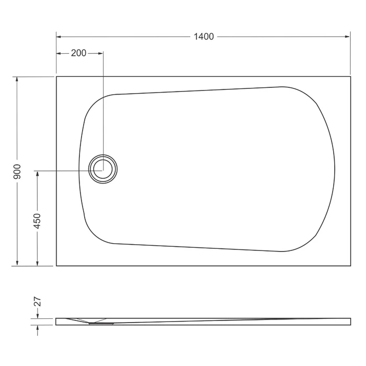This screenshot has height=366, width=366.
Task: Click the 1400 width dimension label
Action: point(204,37)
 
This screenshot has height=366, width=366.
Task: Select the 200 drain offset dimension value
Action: point(78,53)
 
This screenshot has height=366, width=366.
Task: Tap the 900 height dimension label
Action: point(17,171)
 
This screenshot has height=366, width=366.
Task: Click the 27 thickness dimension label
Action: point(37,302)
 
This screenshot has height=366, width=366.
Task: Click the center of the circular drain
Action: point(103,169)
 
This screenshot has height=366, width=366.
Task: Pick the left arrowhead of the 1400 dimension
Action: point(59,37)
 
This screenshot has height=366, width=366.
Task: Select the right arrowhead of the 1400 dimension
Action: point(347,37)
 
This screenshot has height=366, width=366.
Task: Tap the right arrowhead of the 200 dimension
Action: point(100,53)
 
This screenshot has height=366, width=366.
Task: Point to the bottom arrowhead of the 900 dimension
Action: point(17,263)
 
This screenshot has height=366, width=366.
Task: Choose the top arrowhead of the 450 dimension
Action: point(37,174)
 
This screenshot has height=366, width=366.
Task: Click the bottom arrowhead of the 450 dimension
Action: point(37,263)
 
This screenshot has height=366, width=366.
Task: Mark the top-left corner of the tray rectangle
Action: point(56,77)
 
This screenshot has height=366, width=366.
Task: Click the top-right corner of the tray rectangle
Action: point(350,77)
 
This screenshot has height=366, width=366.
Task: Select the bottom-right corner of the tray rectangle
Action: point(350,266)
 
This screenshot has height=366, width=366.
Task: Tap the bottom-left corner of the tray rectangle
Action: point(56,266)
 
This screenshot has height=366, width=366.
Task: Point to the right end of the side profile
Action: point(350,321)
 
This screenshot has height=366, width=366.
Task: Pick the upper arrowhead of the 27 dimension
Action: point(37,316)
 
